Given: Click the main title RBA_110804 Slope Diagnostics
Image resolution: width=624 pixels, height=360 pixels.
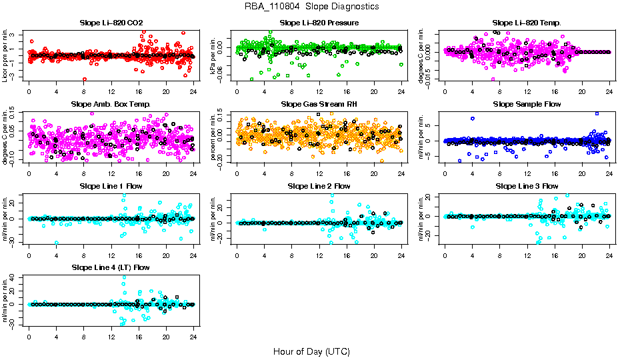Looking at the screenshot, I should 312,7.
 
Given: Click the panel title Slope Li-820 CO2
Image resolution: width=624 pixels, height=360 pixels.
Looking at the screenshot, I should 111,23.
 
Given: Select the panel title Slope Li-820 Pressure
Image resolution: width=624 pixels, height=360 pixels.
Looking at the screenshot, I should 319,23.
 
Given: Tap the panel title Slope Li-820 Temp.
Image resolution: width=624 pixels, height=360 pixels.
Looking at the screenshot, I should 527,23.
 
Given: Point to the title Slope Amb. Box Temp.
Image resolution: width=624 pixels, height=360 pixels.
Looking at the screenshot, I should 111,105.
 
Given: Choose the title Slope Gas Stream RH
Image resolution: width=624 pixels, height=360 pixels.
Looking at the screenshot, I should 319,105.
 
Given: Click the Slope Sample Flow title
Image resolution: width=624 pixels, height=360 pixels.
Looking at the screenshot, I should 527,105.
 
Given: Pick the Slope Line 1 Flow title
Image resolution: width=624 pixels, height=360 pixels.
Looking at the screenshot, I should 111,186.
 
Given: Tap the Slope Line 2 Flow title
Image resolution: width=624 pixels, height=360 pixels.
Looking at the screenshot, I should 319,186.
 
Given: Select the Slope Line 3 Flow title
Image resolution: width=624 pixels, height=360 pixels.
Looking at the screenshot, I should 527,186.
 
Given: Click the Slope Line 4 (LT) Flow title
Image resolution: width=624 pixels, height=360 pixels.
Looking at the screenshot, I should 111,267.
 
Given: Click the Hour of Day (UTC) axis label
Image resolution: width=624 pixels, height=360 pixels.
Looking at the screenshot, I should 311,351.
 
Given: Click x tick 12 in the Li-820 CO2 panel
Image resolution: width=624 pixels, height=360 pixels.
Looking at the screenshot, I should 111,91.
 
